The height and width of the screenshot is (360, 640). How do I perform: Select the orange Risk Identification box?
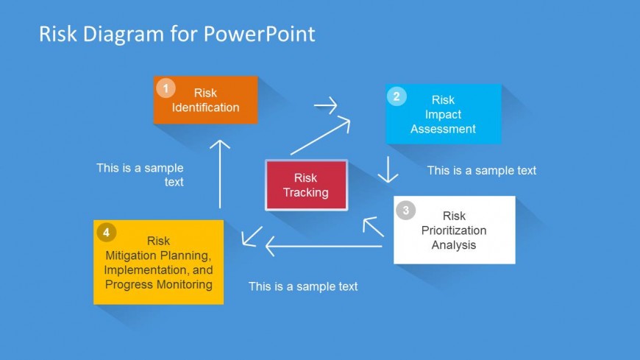pos(206,100)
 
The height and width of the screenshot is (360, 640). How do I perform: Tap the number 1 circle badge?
pos(166,88)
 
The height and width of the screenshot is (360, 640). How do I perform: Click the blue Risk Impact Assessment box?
pos(444,114)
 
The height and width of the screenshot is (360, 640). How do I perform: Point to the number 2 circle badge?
pos(397,96)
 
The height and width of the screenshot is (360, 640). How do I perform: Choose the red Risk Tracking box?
pos(306,186)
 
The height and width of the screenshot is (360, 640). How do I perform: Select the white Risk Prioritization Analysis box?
pos(455,230)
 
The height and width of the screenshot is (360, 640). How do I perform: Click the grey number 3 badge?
pos(405,211)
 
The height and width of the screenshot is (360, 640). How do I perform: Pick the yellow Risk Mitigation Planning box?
pos(159,262)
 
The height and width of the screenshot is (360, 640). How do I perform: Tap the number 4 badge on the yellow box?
pos(106,232)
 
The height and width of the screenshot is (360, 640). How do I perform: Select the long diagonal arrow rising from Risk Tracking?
pos(320,136)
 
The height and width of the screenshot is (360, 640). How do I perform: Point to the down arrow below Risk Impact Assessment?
pos(388,169)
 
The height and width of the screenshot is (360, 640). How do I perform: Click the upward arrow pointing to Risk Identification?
pos(219,173)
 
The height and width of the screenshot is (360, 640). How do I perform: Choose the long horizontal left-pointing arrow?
pos(324,246)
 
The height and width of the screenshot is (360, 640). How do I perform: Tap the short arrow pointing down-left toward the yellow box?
pos(252,236)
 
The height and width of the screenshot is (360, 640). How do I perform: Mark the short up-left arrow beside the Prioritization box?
pos(374,227)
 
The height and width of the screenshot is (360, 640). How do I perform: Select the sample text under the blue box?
pos(482,170)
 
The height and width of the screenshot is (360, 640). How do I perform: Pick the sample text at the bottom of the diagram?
pos(303,286)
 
